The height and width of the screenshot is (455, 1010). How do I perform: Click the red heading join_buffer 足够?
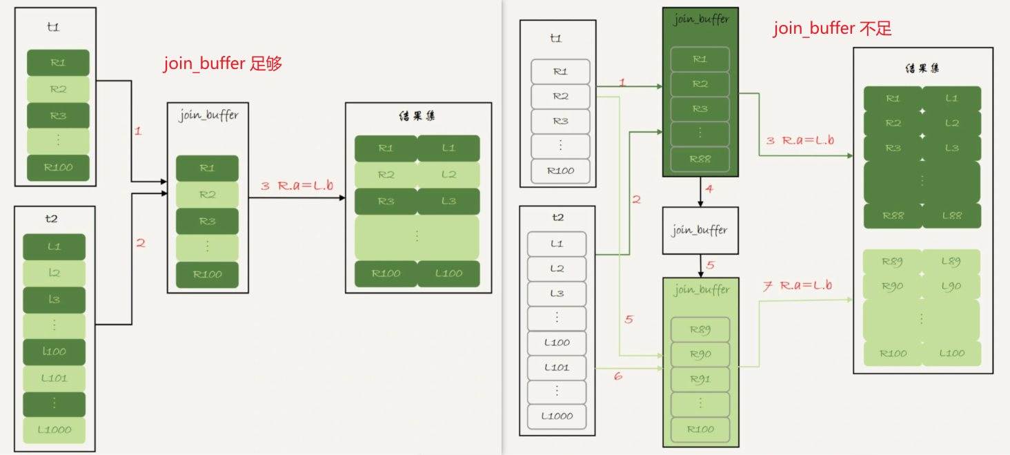(222, 64)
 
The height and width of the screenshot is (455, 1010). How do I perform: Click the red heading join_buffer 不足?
(832, 28)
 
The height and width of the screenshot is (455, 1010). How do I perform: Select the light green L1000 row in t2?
(54, 429)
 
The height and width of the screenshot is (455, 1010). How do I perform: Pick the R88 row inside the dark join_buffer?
(700, 159)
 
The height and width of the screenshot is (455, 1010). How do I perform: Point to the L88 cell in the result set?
(951, 215)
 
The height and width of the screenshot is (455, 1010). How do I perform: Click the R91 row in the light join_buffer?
(700, 379)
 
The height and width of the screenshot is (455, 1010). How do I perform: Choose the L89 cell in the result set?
(951, 262)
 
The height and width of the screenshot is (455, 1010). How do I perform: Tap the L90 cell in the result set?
(951, 286)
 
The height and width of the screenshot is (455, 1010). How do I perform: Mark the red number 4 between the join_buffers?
(709, 188)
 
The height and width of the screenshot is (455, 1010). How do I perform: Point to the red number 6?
(617, 376)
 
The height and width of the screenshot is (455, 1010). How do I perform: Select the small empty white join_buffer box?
(700, 230)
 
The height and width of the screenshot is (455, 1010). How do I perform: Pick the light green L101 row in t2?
(54, 378)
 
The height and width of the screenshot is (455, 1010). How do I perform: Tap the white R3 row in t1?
(560, 121)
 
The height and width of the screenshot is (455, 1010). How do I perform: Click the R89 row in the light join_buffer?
(700, 329)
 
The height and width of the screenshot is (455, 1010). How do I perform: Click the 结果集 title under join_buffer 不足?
(922, 68)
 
